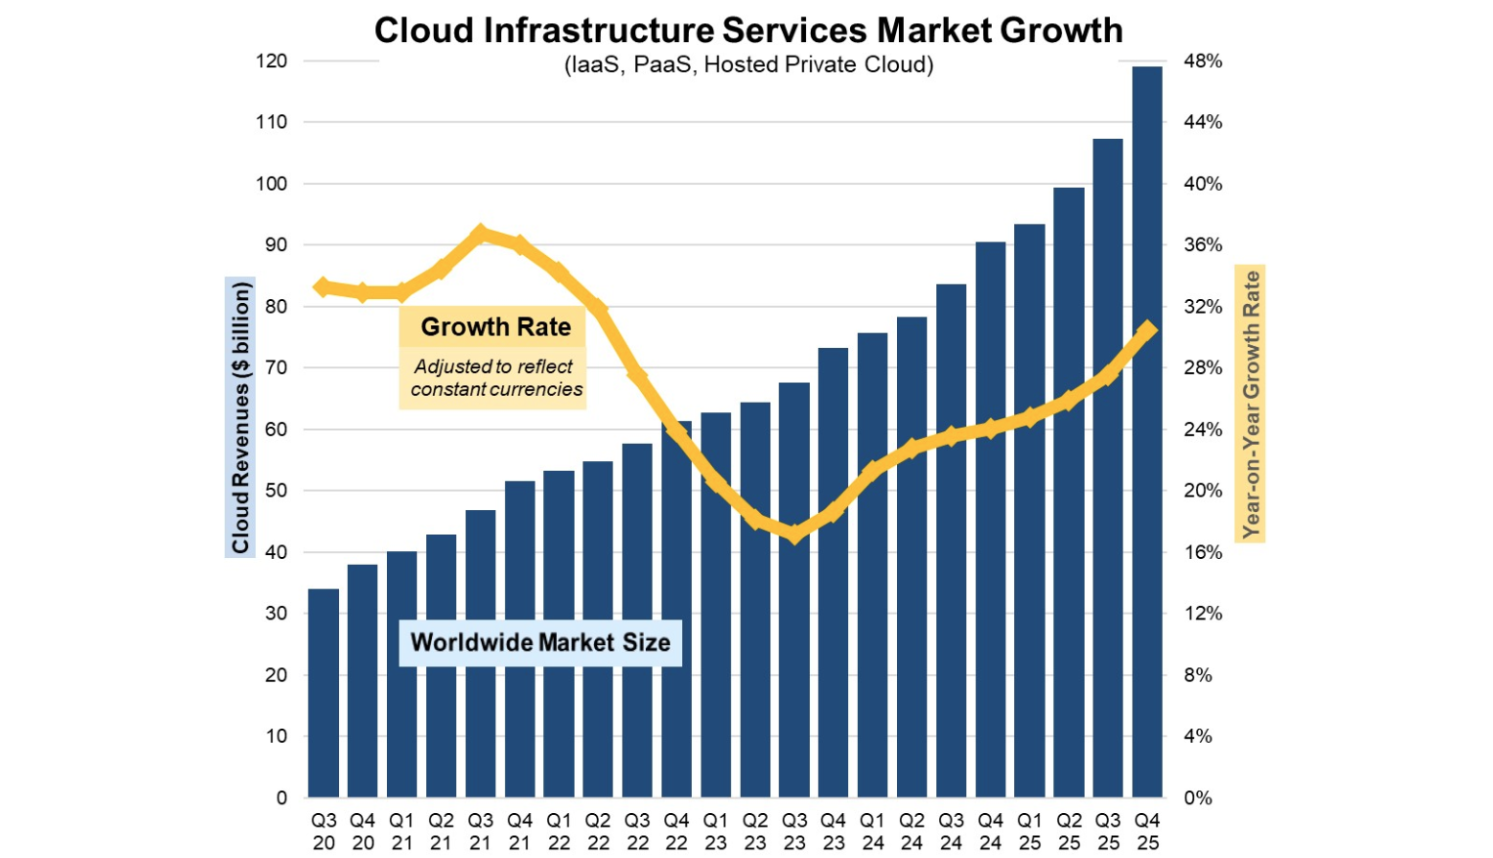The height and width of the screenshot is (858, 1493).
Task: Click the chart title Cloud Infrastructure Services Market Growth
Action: (748, 30)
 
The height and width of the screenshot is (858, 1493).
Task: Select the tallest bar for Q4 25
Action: (1147, 430)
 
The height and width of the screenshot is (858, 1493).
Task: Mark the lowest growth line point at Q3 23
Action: (794, 534)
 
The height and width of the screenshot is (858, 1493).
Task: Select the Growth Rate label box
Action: (495, 326)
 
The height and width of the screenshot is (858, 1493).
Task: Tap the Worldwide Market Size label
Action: (540, 642)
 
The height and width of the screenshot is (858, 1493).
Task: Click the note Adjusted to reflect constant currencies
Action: (495, 378)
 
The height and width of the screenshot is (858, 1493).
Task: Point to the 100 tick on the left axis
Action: (272, 184)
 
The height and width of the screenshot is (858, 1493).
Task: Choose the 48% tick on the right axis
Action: (1203, 61)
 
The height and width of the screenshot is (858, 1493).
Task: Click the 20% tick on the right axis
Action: (1203, 491)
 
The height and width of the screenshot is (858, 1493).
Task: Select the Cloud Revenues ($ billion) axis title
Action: (240, 417)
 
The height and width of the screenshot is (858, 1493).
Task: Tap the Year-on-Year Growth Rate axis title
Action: (1251, 404)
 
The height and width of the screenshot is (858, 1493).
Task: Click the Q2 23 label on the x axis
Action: (755, 832)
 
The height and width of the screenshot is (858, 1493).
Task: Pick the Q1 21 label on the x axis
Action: (402, 832)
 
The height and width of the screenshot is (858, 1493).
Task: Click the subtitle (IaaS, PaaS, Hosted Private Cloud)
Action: (748, 64)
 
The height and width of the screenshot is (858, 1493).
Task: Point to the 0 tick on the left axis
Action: (281, 797)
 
